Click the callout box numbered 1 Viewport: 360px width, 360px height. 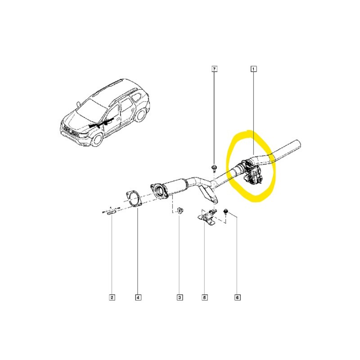coord(253,69)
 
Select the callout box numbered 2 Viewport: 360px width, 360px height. coord(112,297)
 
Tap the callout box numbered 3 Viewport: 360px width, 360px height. coord(180,297)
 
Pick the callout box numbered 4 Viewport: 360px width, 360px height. coord(138,297)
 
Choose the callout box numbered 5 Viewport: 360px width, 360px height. coord(205,297)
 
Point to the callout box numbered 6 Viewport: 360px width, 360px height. coord(238,297)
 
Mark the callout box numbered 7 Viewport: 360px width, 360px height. coord(214,69)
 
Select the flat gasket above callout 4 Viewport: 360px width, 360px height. coord(133,199)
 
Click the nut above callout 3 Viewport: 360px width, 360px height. coord(179,211)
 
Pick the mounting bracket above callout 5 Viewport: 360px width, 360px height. coord(207,217)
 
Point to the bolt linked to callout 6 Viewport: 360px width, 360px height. coord(226,211)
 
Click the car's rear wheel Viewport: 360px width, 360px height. coord(139,115)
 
